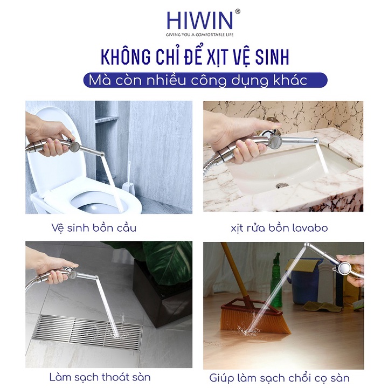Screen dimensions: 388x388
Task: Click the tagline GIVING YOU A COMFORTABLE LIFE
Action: tap(199, 33)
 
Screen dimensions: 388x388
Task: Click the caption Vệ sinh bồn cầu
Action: tap(98, 227)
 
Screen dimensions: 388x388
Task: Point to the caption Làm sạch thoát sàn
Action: tap(99, 376)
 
